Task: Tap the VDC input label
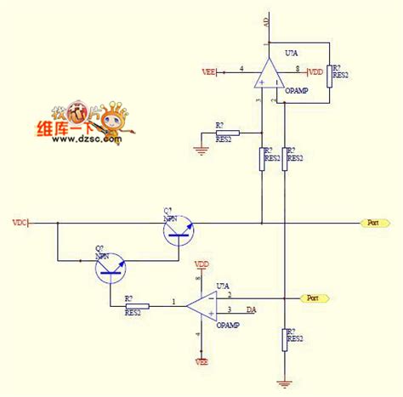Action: pyautogui.click(x=19, y=223)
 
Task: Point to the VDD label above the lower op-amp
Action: pyautogui.click(x=202, y=264)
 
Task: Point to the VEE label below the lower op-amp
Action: pyautogui.click(x=202, y=361)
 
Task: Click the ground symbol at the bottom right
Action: pyautogui.click(x=284, y=384)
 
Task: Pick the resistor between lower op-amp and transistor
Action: pyautogui.click(x=137, y=305)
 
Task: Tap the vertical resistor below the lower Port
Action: pyautogui.click(x=284, y=339)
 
